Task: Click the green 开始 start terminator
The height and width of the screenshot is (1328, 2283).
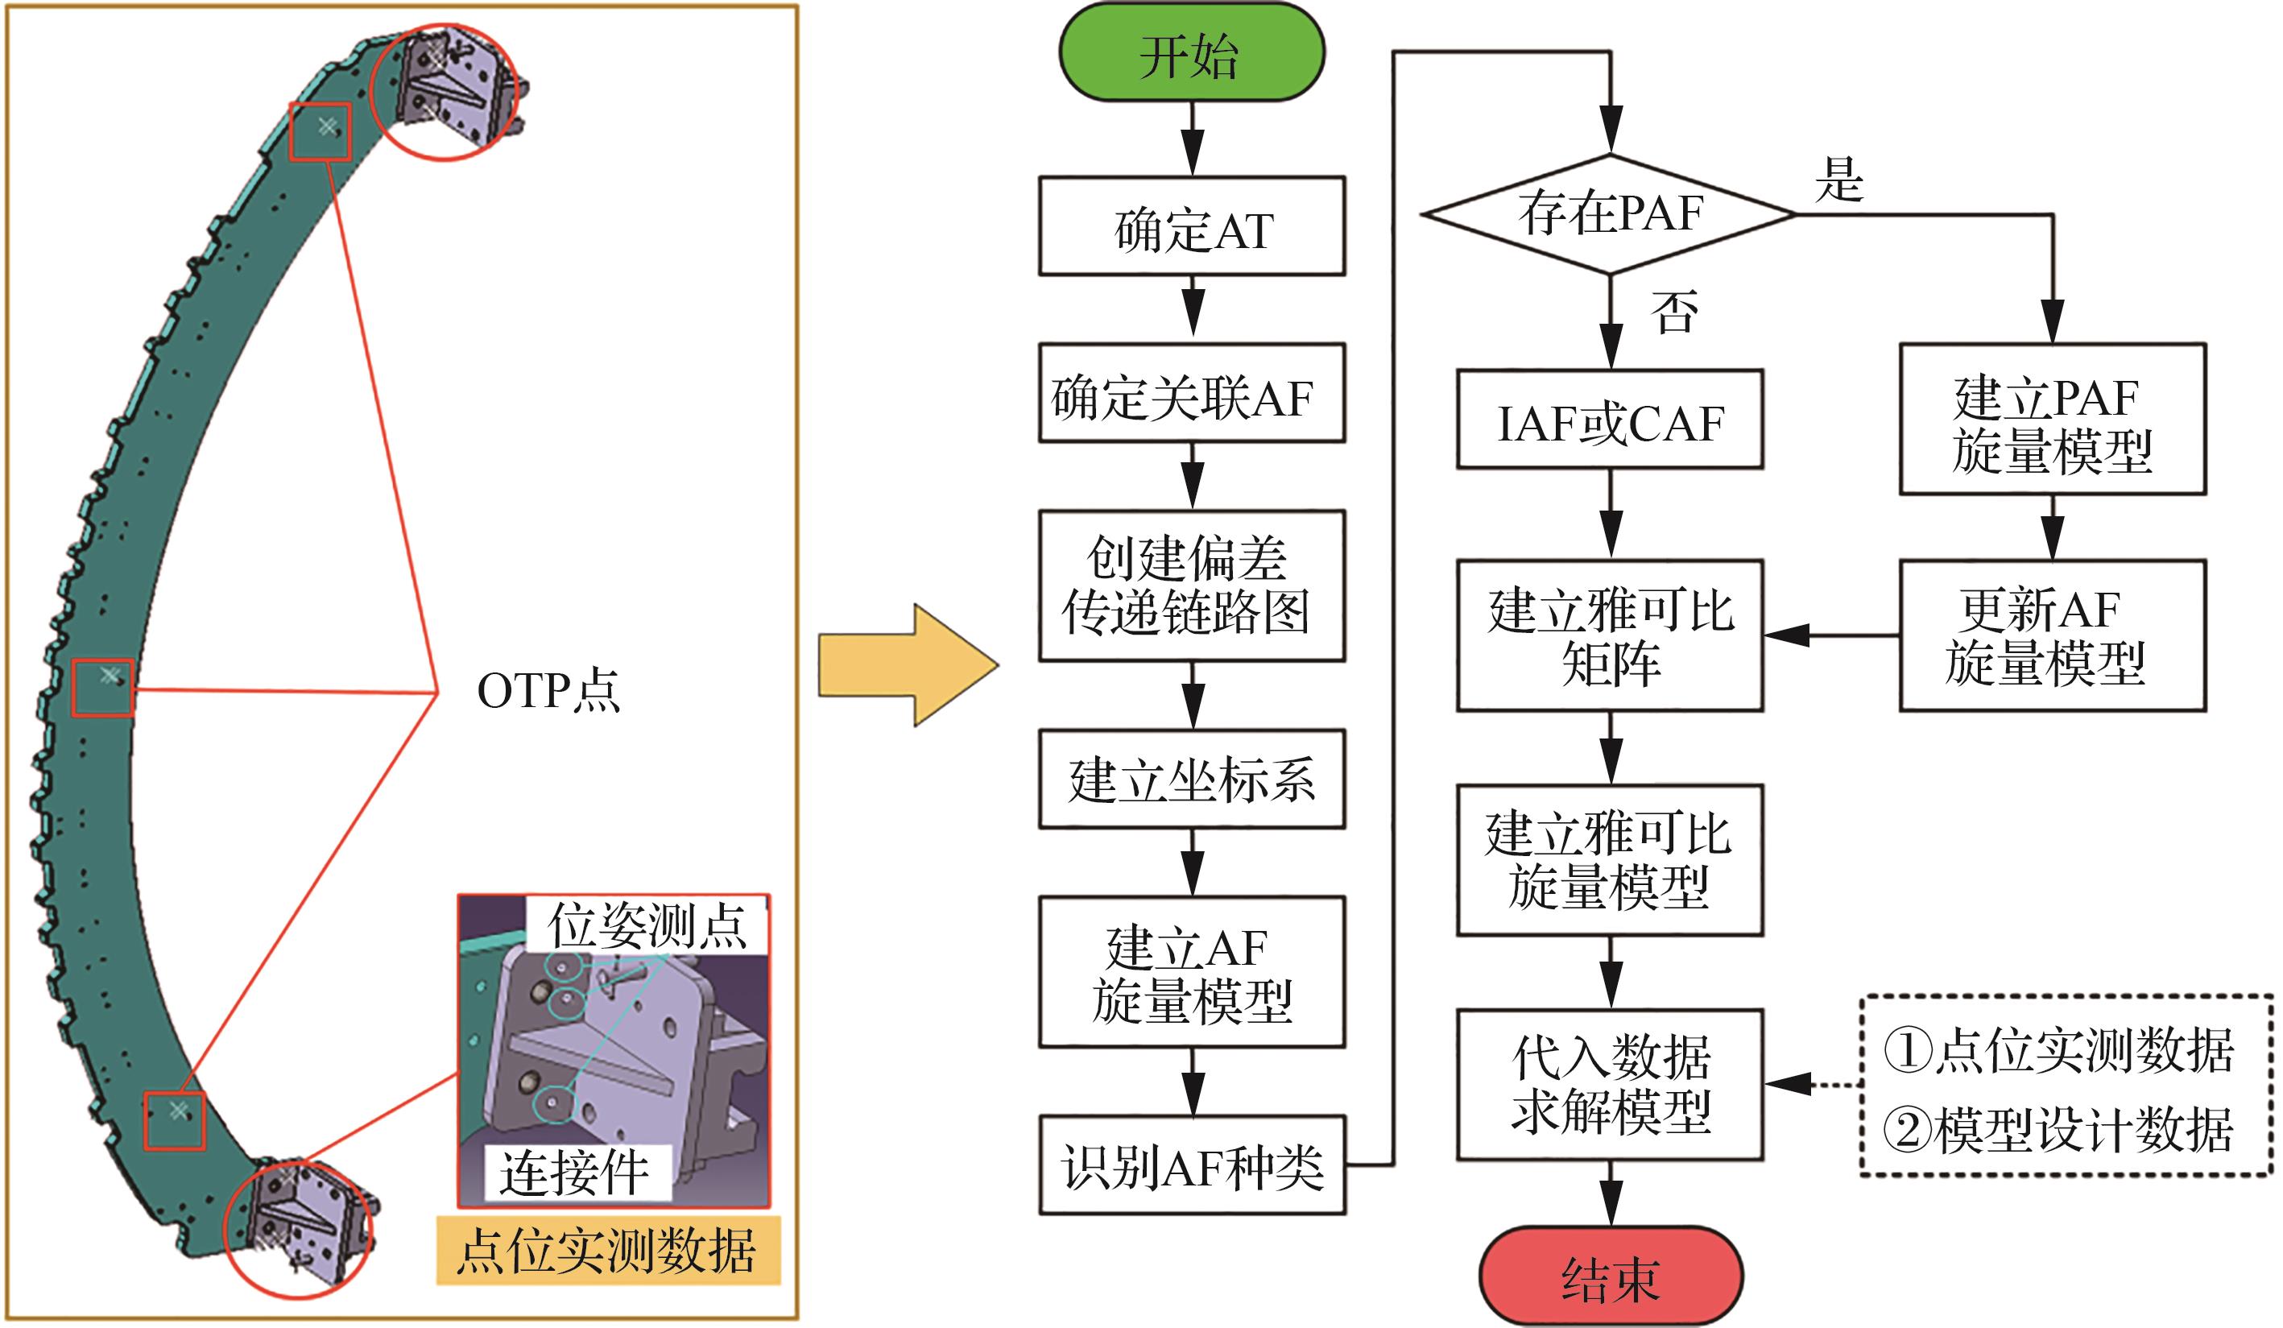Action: pyautogui.click(x=1191, y=52)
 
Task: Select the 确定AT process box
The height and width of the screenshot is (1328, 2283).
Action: pyautogui.click(x=1191, y=226)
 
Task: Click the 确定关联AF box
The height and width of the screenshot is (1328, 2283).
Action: pyautogui.click(x=1191, y=393)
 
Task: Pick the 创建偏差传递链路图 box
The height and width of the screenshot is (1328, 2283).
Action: pyautogui.click(x=1191, y=585)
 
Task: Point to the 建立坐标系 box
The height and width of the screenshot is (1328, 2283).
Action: pyautogui.click(x=1191, y=779)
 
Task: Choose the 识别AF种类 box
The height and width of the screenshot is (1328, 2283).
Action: pyautogui.click(x=1191, y=1165)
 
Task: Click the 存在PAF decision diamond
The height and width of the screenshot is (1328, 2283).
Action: pyautogui.click(x=1610, y=215)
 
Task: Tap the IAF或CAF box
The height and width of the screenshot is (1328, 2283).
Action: pyautogui.click(x=1610, y=420)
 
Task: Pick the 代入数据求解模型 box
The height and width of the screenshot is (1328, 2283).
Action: pyautogui.click(x=1610, y=1084)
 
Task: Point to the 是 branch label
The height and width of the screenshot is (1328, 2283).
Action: pyautogui.click(x=1839, y=180)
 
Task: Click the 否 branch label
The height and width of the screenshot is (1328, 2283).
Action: pyautogui.click(x=1673, y=312)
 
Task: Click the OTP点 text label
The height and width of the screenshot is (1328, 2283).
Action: pyautogui.click(x=548, y=691)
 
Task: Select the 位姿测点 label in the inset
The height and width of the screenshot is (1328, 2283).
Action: pyautogui.click(x=647, y=925)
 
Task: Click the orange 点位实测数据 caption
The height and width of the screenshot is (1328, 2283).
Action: pyautogui.click(x=608, y=1251)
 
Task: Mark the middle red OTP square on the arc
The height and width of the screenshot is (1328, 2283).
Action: pyautogui.click(x=102, y=688)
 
